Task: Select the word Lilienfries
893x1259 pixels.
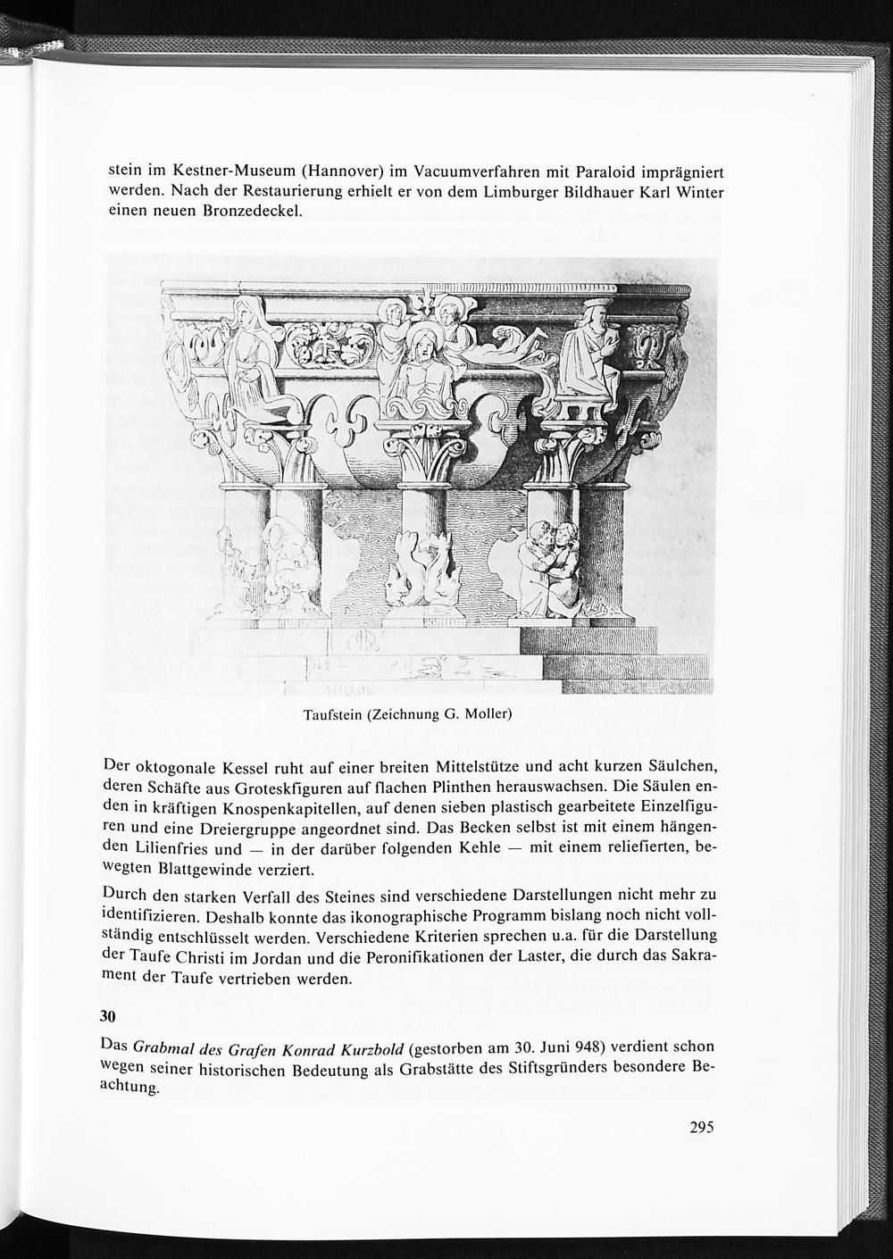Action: tap(172, 849)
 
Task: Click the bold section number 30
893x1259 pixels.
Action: tap(108, 1017)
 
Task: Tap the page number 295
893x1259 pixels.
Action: tap(702, 1127)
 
